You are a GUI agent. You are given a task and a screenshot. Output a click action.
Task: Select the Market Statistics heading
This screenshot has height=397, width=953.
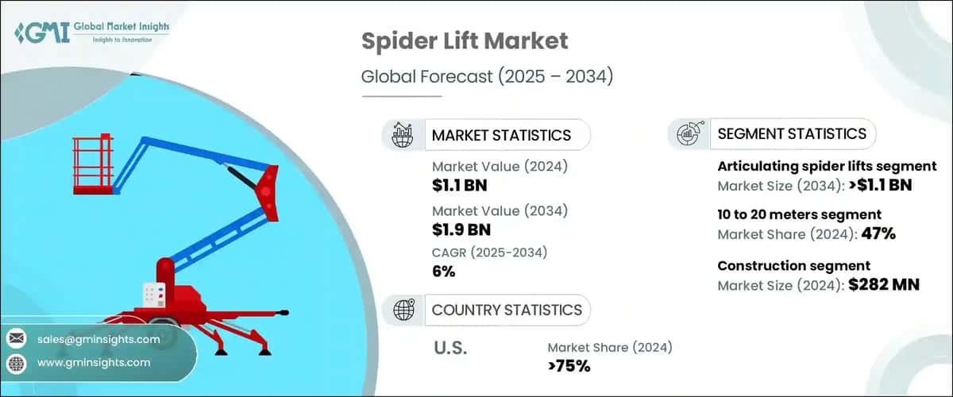click(500, 135)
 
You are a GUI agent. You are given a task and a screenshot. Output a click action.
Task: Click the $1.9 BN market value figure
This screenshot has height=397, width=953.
click(461, 229)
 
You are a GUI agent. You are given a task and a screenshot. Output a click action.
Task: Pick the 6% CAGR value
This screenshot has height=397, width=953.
click(444, 272)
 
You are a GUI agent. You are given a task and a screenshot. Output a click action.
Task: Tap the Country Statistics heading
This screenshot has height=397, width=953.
click(507, 310)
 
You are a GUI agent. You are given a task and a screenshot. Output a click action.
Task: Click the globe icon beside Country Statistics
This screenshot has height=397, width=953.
click(403, 310)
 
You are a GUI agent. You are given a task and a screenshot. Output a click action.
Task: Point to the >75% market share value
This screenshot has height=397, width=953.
click(569, 366)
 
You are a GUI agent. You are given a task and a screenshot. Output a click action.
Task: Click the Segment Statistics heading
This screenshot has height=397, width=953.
click(791, 133)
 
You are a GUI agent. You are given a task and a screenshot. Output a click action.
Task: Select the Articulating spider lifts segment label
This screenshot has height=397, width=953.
click(827, 166)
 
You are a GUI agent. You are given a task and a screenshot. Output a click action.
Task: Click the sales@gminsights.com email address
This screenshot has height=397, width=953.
click(98, 339)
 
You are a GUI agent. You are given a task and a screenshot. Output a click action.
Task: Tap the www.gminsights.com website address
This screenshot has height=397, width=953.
click(94, 363)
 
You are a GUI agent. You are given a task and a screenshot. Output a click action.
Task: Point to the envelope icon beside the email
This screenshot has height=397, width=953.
click(16, 339)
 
